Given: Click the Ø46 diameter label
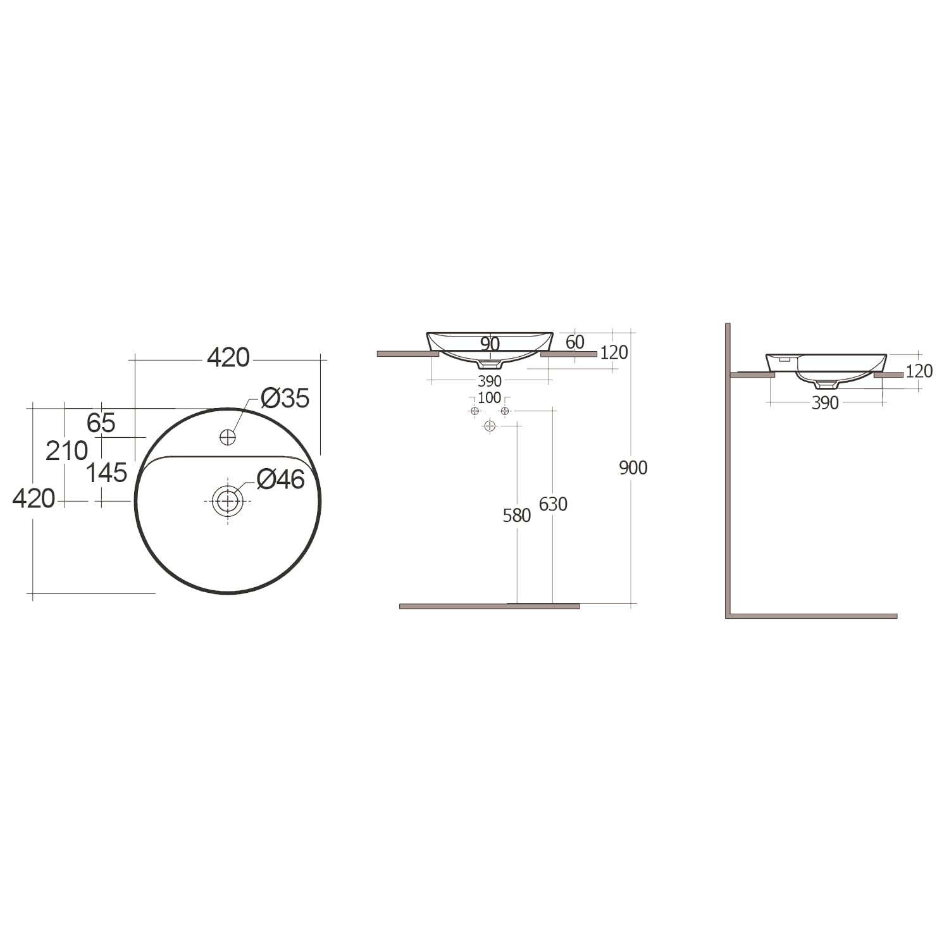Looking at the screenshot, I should click(281, 480).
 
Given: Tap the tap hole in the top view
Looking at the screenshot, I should click(227, 437).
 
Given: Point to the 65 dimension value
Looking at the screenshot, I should click(101, 423).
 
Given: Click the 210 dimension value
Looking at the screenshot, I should click(66, 451).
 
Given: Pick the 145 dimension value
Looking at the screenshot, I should click(106, 473).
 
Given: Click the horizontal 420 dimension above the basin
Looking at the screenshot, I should click(228, 358).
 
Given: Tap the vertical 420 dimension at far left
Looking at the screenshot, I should click(34, 499).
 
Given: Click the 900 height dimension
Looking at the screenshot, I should click(633, 468).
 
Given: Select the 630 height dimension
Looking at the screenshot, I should click(553, 504).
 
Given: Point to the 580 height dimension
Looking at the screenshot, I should click(516, 516).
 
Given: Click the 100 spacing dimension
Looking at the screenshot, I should click(489, 398).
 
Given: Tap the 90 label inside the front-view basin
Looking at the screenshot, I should click(490, 344).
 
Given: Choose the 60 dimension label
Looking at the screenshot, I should click(574, 342).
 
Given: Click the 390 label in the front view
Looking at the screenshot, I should click(489, 381).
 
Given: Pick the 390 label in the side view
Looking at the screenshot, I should click(824, 403).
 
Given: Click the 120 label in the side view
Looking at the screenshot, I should click(919, 371).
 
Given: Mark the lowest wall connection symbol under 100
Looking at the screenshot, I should click(490, 426).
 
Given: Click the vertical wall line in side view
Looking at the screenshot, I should click(728, 468).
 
